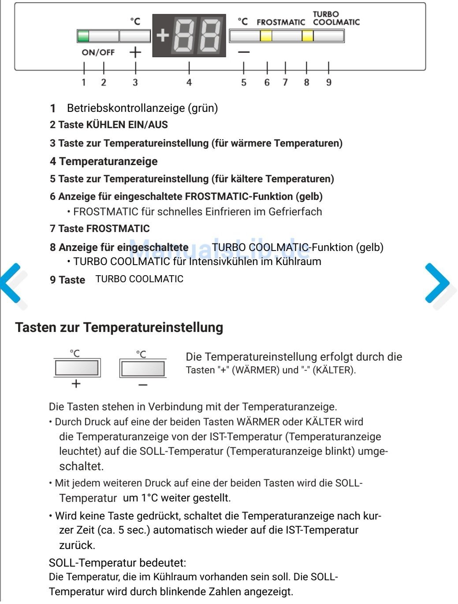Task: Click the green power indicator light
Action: pyautogui.click(x=83, y=36)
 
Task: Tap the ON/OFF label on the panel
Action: pyautogui.click(x=98, y=52)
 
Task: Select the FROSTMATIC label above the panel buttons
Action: pyautogui.click(x=281, y=22)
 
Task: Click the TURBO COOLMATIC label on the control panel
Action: pyautogui.click(x=336, y=18)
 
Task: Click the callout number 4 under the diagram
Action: pyautogui.click(x=189, y=82)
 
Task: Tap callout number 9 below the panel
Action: pyautogui.click(x=329, y=82)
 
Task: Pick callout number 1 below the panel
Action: pyautogui.click(x=84, y=82)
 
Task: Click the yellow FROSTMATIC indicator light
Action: pyautogui.click(x=266, y=36)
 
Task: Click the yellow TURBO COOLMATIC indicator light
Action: pyautogui.click(x=308, y=36)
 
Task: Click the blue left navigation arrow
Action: pyautogui.click(x=11, y=283)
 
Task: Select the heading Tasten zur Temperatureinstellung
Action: pyautogui.click(x=119, y=328)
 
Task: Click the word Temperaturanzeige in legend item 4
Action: pyautogui.click(x=108, y=161)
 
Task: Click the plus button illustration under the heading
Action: pyautogui.click(x=77, y=368)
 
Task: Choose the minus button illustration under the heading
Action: pyautogui.click(x=143, y=368)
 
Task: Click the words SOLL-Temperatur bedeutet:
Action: pyautogui.click(x=117, y=563)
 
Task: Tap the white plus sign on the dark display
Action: pyautogui.click(x=163, y=35)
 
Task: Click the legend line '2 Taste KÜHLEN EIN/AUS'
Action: pyautogui.click(x=108, y=125)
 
